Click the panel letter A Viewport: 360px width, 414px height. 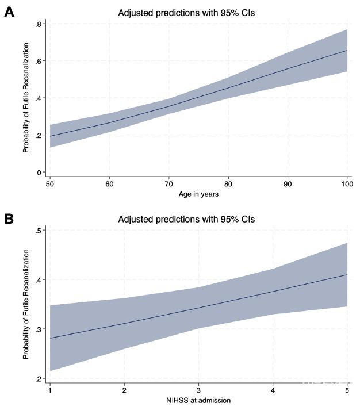(x=9, y=11)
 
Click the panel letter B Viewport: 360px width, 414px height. (x=9, y=218)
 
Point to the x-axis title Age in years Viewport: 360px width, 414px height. (x=198, y=194)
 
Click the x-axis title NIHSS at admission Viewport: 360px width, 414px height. (x=198, y=401)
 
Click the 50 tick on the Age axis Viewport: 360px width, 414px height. (x=49, y=183)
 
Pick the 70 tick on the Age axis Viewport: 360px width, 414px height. (x=168, y=183)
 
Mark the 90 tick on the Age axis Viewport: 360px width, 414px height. (x=288, y=183)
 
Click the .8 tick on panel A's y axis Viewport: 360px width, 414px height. (x=37, y=24)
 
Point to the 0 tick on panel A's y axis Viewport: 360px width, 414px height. (x=39, y=172)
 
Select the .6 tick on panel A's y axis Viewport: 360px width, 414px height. (x=37, y=62)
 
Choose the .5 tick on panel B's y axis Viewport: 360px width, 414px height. (x=37, y=231)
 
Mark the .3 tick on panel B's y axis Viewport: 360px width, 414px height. (x=37, y=329)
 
